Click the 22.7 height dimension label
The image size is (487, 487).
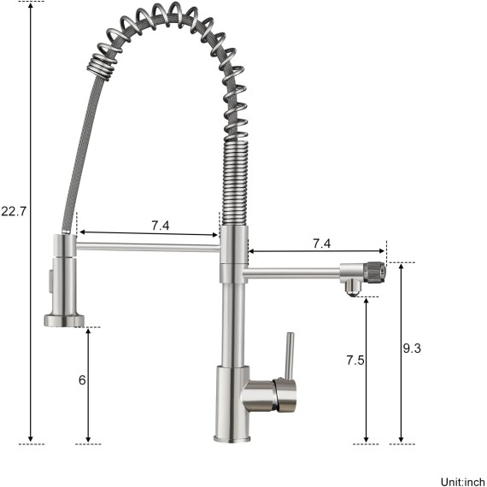click(14, 212)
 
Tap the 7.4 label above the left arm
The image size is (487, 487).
click(161, 226)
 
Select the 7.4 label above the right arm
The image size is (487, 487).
click(321, 243)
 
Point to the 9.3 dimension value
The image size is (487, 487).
click(412, 349)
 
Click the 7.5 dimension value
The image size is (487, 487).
click(355, 361)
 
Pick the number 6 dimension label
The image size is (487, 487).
click(82, 380)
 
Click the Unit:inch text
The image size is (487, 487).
click(463, 482)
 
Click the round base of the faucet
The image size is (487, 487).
click(232, 439)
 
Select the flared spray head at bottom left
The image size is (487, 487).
click(64, 320)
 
